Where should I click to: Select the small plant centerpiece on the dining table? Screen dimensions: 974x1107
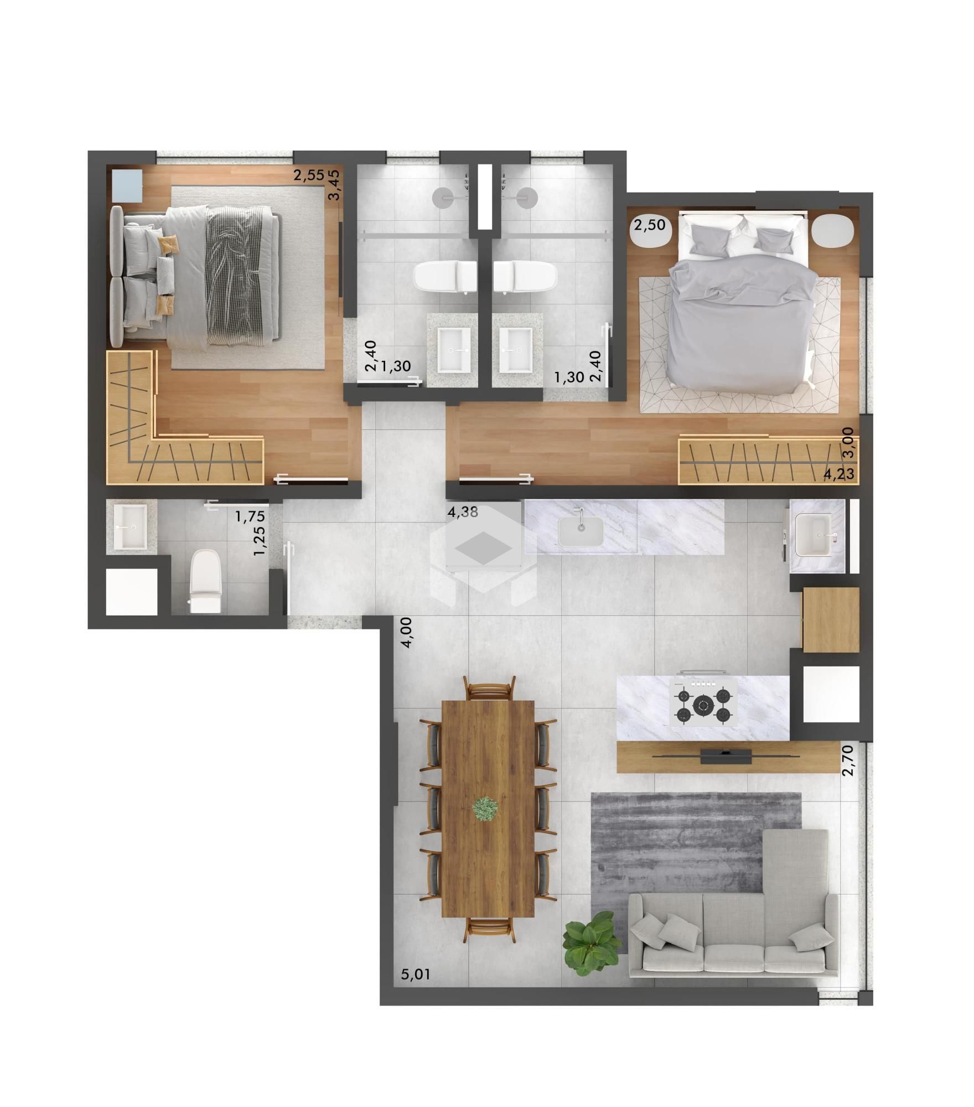pyautogui.click(x=486, y=809)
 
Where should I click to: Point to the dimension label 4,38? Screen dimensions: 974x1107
pyautogui.click(x=463, y=513)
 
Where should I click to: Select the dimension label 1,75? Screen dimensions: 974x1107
pyautogui.click(x=250, y=517)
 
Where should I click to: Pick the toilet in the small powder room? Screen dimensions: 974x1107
pyautogui.click(x=205, y=581)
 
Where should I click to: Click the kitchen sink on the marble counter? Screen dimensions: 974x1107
pyautogui.click(x=581, y=531)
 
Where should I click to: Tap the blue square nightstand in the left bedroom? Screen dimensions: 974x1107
pyautogui.click(x=127, y=185)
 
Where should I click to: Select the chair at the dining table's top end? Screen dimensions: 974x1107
pyautogui.click(x=490, y=690)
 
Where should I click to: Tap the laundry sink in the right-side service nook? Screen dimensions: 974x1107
pyautogui.click(x=814, y=534)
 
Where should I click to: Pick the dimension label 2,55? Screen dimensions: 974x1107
pyautogui.click(x=309, y=176)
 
